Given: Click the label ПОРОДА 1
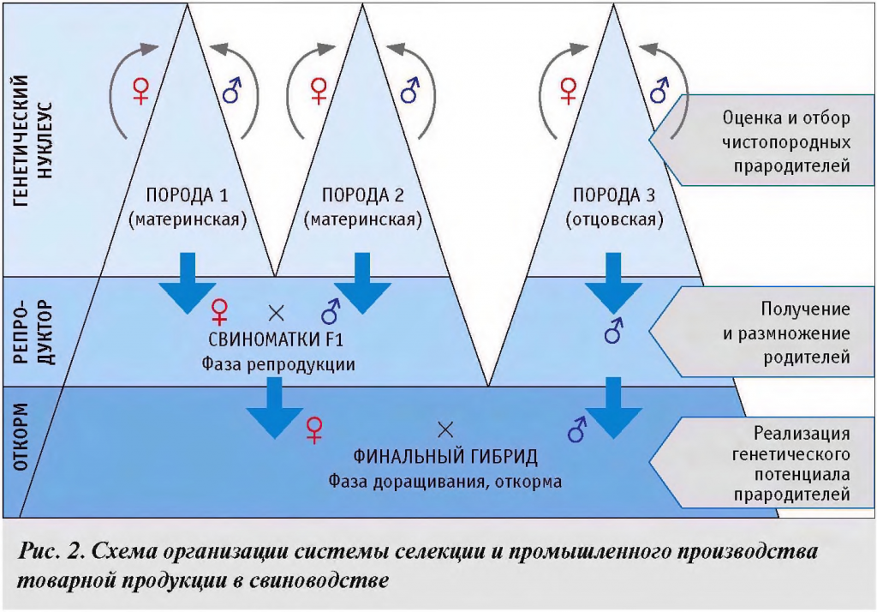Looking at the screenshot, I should [x=188, y=195].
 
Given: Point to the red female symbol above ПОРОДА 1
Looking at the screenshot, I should [x=142, y=90].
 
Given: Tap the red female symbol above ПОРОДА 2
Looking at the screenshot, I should [x=319, y=90].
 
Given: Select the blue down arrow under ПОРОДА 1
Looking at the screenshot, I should [x=188, y=282].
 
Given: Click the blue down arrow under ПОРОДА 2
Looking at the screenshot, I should [x=362, y=282].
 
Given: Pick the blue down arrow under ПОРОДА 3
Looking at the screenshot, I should [x=614, y=282].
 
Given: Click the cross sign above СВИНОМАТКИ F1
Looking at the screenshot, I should [x=275, y=312].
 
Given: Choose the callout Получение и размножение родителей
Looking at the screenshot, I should [x=775, y=333].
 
